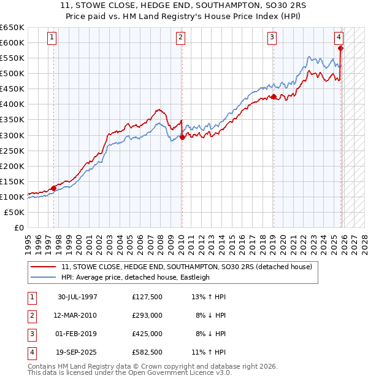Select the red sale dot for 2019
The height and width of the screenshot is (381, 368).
pos(273,96)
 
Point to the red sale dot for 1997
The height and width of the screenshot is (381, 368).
pos(54,188)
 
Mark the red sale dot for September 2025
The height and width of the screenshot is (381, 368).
pos(341,48)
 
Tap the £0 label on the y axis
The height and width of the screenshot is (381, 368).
pos(18,227)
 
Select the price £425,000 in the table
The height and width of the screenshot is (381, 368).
pos(147,334)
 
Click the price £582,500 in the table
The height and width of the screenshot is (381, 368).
pos(147,352)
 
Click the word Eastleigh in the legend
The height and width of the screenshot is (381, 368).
pos(194,277)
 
